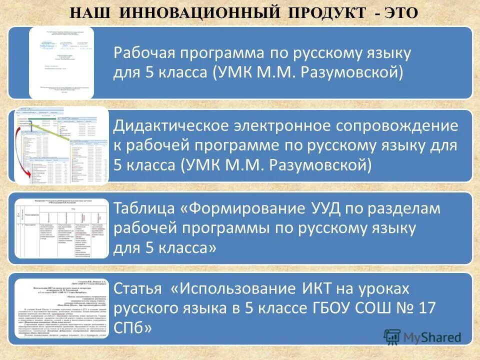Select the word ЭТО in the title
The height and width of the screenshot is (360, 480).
point(401,12)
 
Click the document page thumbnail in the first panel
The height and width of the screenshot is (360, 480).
point(61,63)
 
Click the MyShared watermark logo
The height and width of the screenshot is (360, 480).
point(422,337)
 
